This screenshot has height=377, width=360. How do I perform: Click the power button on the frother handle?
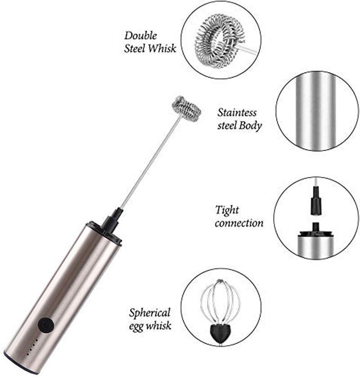pyautogui.click(x=45, y=325)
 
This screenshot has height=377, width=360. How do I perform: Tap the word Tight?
pyautogui.click(x=227, y=210)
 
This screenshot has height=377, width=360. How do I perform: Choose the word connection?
pyautogui.click(x=239, y=223)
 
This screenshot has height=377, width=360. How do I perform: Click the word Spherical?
pyautogui.click(x=150, y=312)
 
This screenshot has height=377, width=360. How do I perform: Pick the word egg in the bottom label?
pyautogui.click(x=139, y=325)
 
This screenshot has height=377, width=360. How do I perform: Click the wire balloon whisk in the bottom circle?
pyautogui.click(x=220, y=302)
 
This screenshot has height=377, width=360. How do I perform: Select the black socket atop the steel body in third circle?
pyautogui.click(x=315, y=230)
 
